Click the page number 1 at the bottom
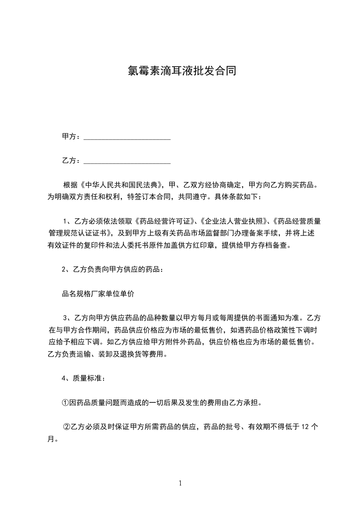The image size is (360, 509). [180, 483]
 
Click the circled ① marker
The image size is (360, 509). [65, 402]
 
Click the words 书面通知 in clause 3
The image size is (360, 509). [269, 318]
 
